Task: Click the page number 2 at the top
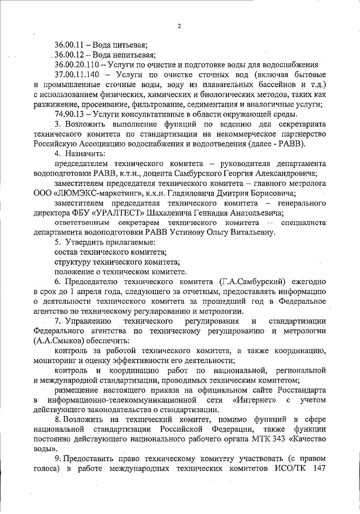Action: tap(179, 26)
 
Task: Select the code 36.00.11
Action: tap(70, 45)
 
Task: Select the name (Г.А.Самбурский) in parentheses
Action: tap(250, 281)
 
